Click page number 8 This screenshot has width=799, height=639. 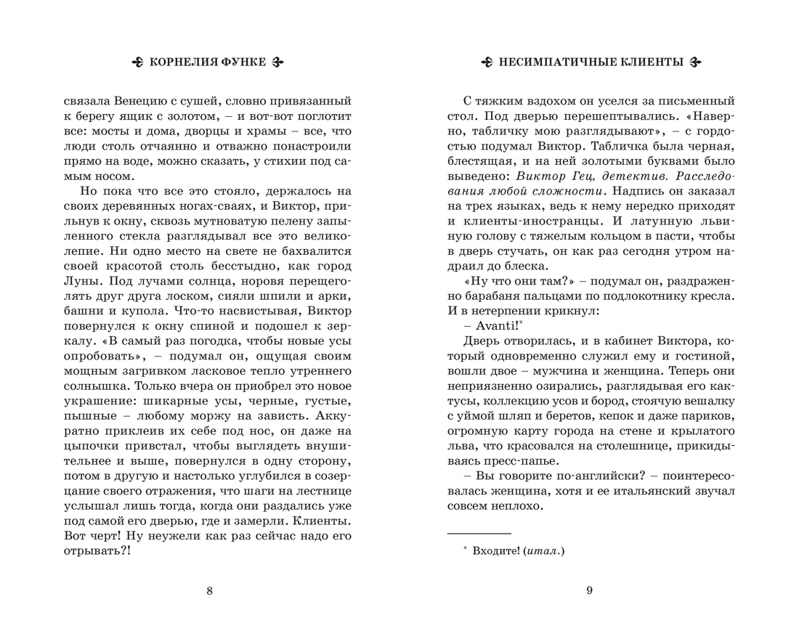pyautogui.click(x=210, y=590)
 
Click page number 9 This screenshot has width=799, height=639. pyautogui.click(x=589, y=590)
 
